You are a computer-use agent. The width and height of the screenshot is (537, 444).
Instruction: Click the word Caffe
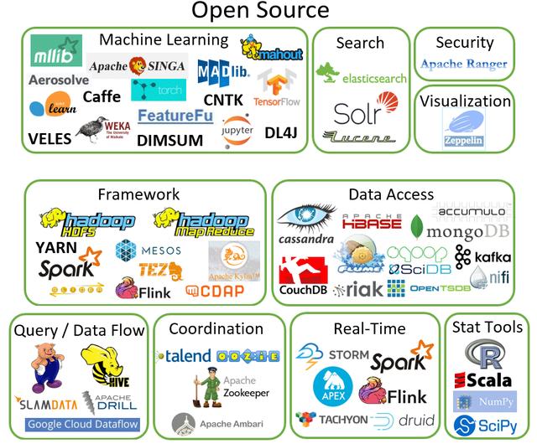[x=102, y=97]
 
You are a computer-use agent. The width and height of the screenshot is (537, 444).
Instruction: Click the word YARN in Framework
[x=56, y=248]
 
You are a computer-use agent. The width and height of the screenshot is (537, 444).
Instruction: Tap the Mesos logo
[x=148, y=250]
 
